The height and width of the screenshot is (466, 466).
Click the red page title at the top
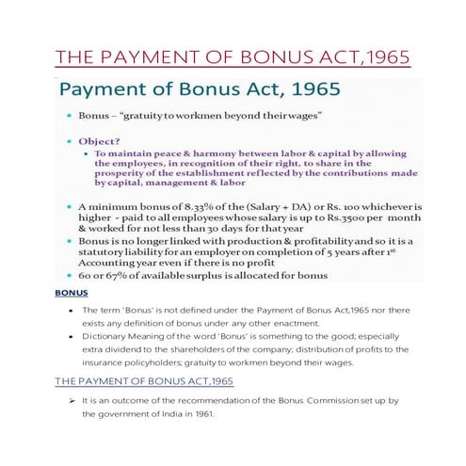[233, 57]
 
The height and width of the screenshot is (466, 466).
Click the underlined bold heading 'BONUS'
[72, 293]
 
